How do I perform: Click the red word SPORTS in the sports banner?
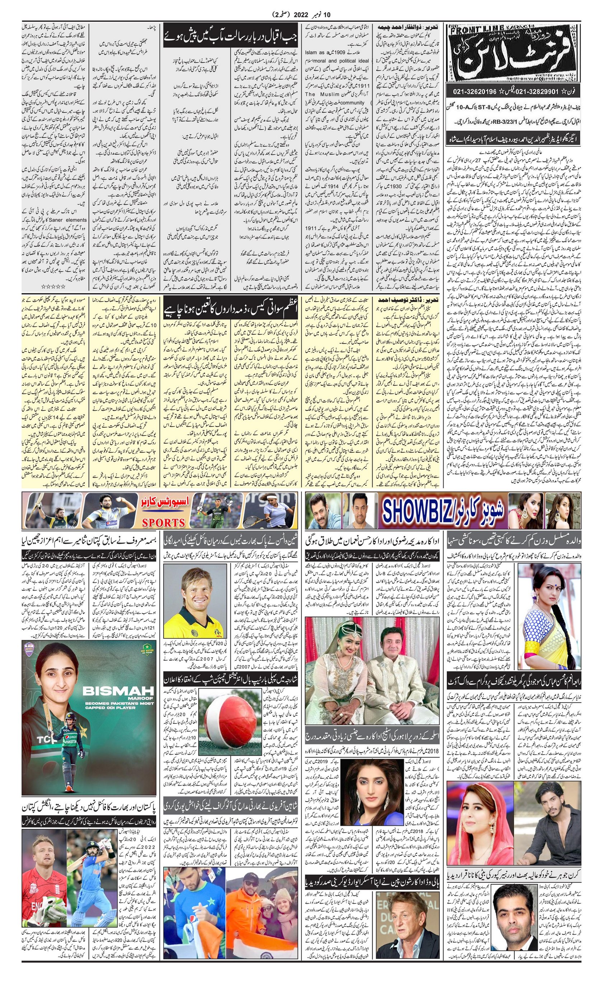164,522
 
